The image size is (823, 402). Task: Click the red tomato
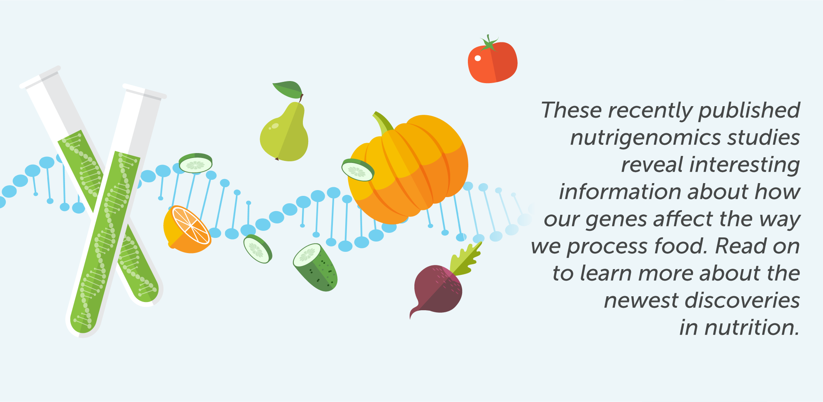click(x=493, y=63)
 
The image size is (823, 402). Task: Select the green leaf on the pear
click(x=288, y=89)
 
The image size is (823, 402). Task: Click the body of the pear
click(x=284, y=134)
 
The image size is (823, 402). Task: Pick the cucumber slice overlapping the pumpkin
click(x=358, y=170)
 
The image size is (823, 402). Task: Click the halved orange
click(x=187, y=230)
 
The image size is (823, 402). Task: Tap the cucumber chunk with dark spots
click(x=316, y=267)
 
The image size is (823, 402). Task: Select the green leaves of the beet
click(x=465, y=259)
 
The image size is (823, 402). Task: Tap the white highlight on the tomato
click(x=477, y=58)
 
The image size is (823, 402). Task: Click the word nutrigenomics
click(x=645, y=138)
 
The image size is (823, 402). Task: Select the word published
click(x=749, y=110)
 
